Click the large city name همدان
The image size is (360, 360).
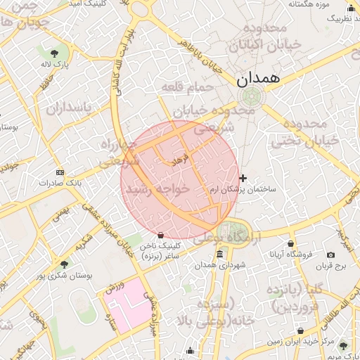point(259,79)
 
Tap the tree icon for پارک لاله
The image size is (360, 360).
point(55,53)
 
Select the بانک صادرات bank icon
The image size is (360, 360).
point(60,172)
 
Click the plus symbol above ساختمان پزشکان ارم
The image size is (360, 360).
point(243,179)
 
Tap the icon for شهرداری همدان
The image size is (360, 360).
point(220,254)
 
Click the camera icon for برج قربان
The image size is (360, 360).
point(331,255)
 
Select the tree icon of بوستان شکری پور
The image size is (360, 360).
point(65,264)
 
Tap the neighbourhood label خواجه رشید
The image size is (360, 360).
point(156,189)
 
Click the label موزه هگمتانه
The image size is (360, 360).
point(309,5)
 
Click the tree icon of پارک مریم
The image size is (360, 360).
point(344,345)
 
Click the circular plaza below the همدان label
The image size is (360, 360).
point(250,97)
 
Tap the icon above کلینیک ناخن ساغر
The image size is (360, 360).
point(161,235)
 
